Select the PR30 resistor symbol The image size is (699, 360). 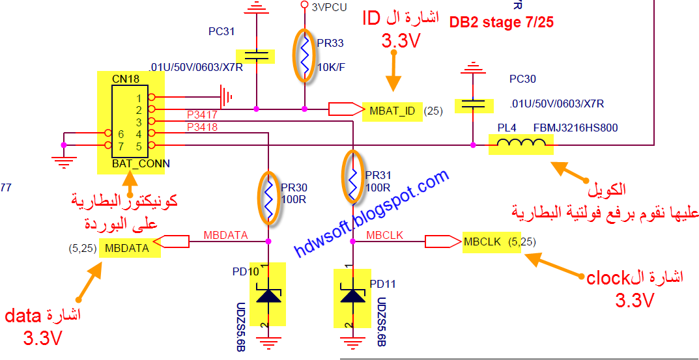pyautogui.click(x=268, y=197)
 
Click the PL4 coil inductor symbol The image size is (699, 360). pyautogui.click(x=521, y=145)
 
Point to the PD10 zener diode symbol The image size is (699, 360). pyautogui.click(x=268, y=295)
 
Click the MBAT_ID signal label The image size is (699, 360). pyautogui.click(x=392, y=111)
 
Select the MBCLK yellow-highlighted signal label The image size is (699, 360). pyautogui.click(x=482, y=242)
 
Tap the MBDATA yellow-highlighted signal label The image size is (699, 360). pyautogui.click(x=127, y=248)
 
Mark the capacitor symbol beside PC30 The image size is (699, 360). pyautogui.click(x=472, y=104)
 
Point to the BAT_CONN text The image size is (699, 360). pyautogui.click(x=141, y=163)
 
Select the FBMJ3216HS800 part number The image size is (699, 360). pyautogui.click(x=575, y=128)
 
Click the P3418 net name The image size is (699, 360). pyautogui.click(x=201, y=127)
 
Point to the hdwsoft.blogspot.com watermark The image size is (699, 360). pyautogui.click(x=372, y=212)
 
